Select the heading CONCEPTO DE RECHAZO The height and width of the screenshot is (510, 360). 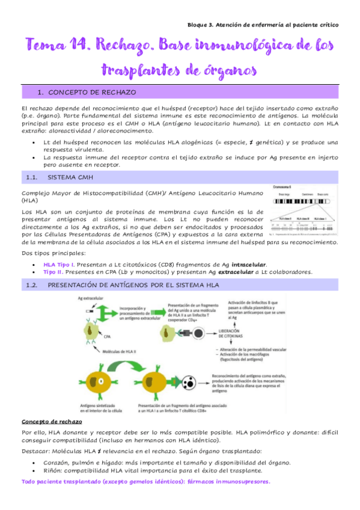click(x=91, y=93)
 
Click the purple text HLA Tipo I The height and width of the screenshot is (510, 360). click(x=59, y=265)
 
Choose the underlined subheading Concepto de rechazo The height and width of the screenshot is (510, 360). click(x=52, y=421)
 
